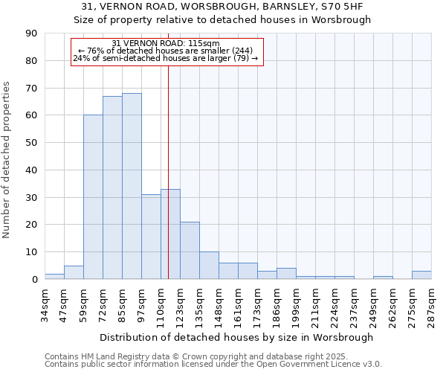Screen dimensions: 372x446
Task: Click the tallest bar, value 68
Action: tap(132, 186)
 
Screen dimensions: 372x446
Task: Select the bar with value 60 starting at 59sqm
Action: tap(93, 197)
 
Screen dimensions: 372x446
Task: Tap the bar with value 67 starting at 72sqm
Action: tap(112, 187)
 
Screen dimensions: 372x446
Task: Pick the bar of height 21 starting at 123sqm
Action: tap(190, 251)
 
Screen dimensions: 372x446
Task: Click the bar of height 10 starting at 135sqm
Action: tap(209, 266)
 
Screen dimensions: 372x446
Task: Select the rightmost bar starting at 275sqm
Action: tap(421, 275)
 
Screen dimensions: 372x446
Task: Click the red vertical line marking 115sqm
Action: tap(169, 171)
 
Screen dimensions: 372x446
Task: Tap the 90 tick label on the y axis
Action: tap(30, 33)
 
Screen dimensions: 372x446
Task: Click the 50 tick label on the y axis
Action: tap(30, 143)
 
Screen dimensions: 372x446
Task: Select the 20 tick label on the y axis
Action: tap(30, 225)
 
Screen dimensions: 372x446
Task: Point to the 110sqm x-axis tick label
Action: tap(161, 304)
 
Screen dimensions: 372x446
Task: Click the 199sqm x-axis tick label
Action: tap(296, 304)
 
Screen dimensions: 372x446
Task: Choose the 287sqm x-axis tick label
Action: tap(431, 304)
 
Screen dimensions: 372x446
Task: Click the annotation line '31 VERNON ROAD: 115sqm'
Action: tap(166, 43)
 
